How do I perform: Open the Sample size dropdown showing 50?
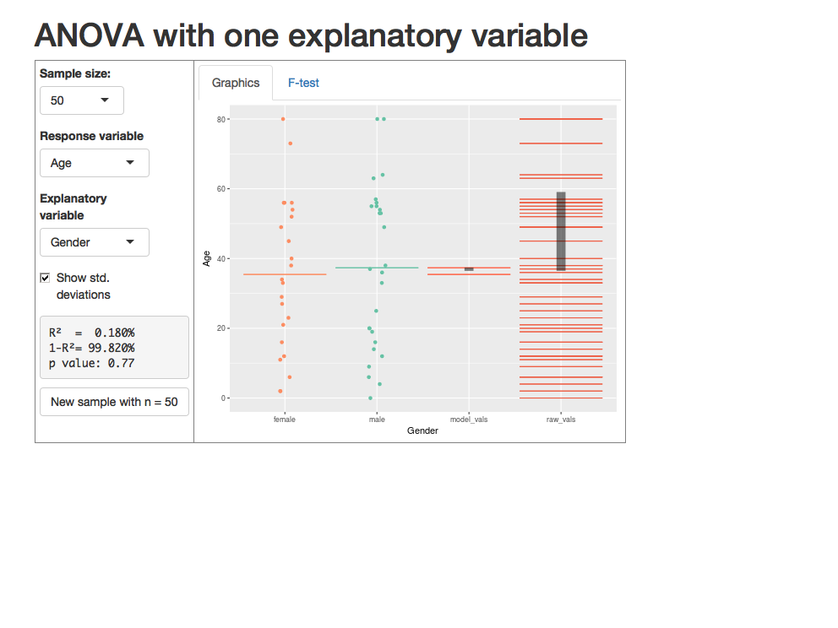click(x=82, y=100)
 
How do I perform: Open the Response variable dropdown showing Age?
click(x=95, y=163)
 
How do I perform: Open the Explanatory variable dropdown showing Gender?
click(x=95, y=242)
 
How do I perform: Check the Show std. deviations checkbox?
click(x=46, y=278)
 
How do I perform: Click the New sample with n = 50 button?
click(x=114, y=402)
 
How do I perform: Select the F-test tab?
click(x=303, y=83)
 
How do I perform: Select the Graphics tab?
click(x=236, y=83)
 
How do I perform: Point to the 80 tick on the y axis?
click(x=222, y=119)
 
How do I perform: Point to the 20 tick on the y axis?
click(x=222, y=328)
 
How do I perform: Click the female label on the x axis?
click(x=285, y=419)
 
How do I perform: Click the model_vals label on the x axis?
click(x=469, y=419)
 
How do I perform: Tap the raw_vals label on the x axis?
click(x=561, y=419)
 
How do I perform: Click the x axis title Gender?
click(x=422, y=430)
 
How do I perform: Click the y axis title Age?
click(x=207, y=258)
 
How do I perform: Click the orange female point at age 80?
click(x=283, y=119)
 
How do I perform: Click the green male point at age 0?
click(x=370, y=398)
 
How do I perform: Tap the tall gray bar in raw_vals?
click(x=561, y=232)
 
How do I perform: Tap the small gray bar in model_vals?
click(x=469, y=269)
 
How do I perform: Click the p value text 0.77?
click(x=122, y=363)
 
